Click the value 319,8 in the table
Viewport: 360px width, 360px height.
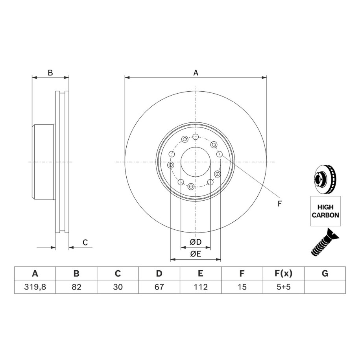35,287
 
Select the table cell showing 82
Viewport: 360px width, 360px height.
76,287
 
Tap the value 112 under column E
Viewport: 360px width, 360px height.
201,287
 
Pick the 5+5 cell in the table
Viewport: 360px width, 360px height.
284,287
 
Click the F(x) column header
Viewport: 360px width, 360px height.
284,273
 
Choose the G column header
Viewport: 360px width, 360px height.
325,273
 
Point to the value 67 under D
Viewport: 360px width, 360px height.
159,287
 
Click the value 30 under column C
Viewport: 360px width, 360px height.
118,287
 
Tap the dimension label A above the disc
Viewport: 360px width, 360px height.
196,73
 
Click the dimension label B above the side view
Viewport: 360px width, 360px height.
50,73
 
